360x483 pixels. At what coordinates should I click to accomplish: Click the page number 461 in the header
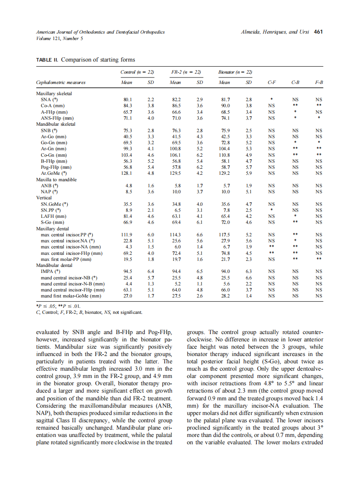[318, 32]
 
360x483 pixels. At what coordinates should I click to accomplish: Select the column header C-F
[271, 82]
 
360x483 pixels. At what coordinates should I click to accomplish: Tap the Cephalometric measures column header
[61, 82]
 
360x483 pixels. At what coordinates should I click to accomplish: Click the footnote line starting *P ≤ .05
[58, 306]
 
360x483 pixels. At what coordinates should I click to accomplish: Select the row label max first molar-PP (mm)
[66, 260]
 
